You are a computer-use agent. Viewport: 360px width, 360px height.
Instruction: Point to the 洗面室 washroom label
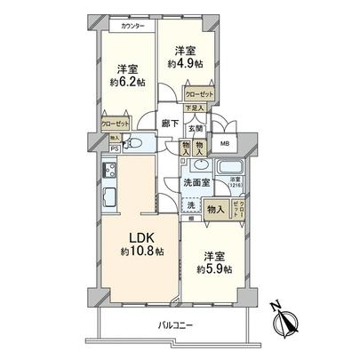196,182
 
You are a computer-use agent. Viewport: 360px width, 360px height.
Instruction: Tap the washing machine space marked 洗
189,204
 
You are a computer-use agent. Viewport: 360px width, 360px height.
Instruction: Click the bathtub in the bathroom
231,168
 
